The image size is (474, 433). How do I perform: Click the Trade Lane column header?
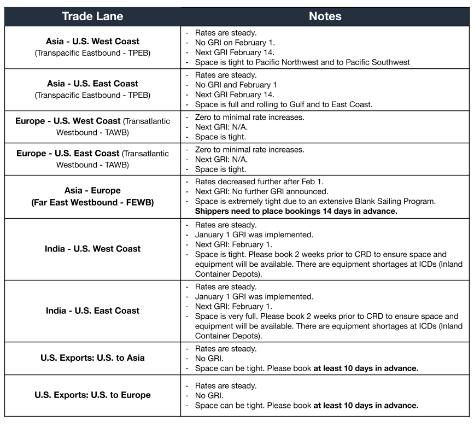point(92,16)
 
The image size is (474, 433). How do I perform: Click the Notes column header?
point(325,16)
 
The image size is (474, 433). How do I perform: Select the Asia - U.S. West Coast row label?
point(92,42)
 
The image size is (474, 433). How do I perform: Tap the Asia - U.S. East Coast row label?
point(92,84)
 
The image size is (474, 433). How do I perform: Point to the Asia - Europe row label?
point(92,191)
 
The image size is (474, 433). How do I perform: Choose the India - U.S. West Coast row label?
point(92,249)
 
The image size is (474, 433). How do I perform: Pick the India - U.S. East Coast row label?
point(92,311)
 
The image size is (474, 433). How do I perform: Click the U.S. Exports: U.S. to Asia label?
point(92,358)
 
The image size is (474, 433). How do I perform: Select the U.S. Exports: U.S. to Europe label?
point(92,395)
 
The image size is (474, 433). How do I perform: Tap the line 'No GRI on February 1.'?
point(235,43)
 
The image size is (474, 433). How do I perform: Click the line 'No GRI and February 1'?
point(236,85)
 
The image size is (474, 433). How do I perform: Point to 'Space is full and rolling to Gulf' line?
point(283,104)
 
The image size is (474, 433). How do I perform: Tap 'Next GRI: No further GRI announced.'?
point(261,191)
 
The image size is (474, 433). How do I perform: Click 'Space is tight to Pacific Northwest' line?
point(302,62)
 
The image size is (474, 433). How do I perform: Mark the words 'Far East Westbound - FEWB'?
point(92,202)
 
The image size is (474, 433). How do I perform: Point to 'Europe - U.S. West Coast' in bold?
point(68,121)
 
